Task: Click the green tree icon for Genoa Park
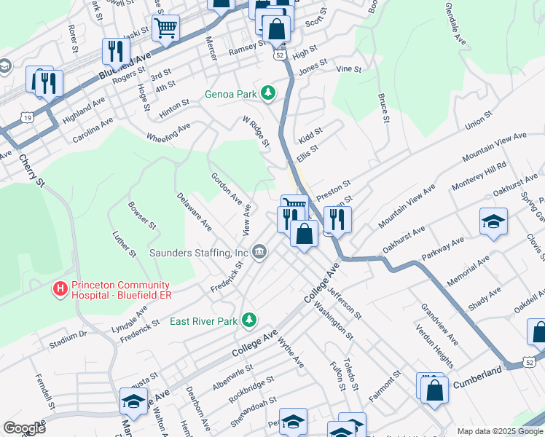click(269, 92)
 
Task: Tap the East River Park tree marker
click(249, 320)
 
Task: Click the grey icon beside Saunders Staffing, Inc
click(259, 253)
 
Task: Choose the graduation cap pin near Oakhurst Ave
click(493, 221)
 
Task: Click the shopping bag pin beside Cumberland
click(434, 388)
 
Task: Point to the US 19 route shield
click(27, 117)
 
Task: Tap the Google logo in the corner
click(24, 428)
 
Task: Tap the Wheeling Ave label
click(168, 132)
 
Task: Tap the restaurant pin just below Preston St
click(337, 219)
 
